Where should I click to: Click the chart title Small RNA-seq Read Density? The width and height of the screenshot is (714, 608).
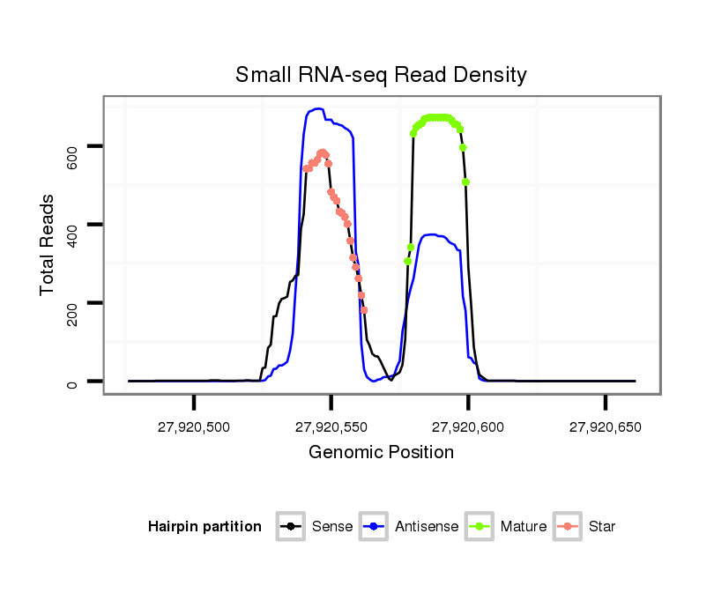(381, 75)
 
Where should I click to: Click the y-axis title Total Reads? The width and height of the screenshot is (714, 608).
(48, 244)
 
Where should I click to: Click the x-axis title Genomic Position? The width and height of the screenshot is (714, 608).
(381, 453)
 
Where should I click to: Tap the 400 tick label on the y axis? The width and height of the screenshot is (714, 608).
(73, 225)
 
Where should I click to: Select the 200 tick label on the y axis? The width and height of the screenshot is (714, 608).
(73, 303)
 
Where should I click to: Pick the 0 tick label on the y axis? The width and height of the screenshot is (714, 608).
(73, 382)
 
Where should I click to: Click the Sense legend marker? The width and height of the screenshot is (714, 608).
(290, 527)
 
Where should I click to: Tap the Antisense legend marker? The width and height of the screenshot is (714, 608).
(374, 527)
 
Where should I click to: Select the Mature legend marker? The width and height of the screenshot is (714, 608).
(480, 527)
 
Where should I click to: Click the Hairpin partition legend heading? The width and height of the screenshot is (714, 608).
(205, 527)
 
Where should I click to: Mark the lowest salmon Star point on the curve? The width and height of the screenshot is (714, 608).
(364, 309)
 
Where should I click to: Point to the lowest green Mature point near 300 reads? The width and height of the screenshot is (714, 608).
(407, 262)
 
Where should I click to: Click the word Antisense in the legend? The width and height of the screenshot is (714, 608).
(427, 527)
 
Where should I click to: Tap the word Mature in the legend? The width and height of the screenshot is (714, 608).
(524, 527)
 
